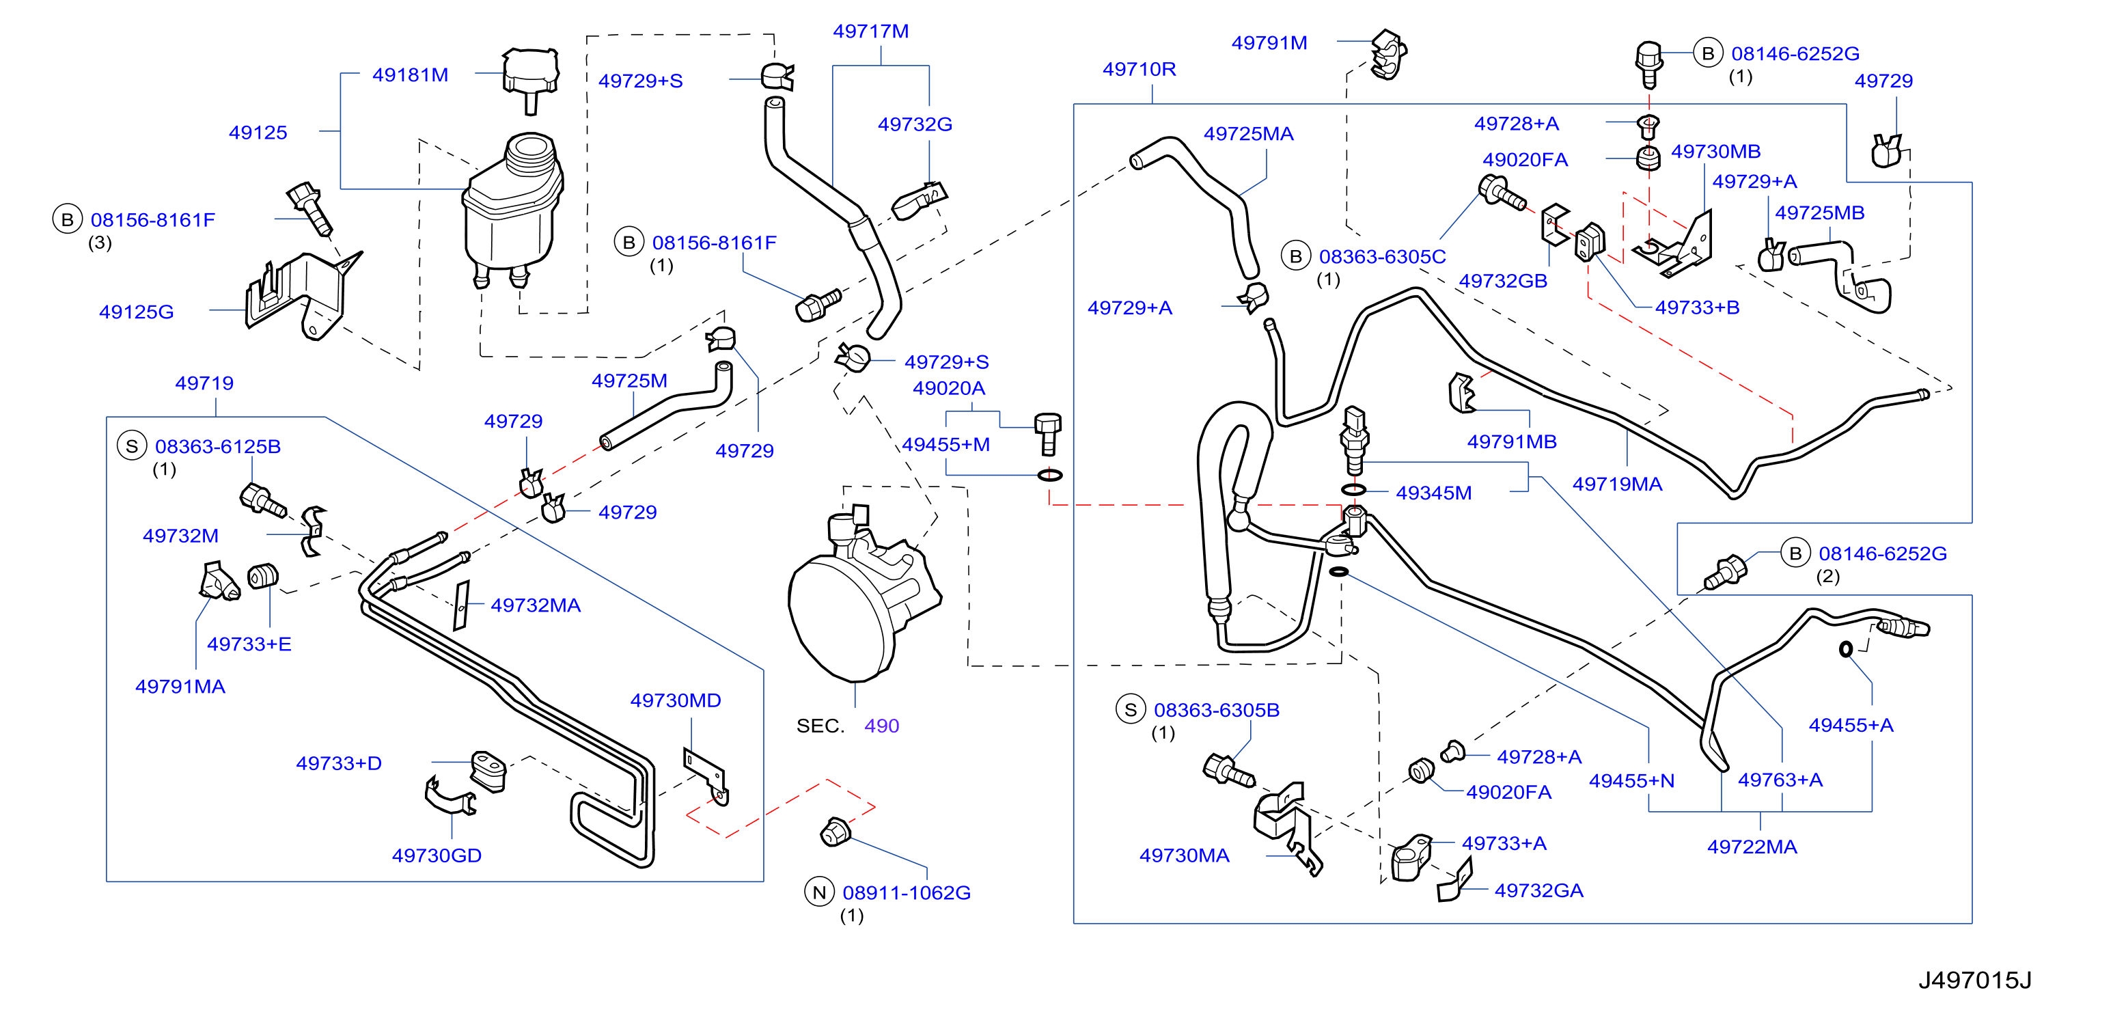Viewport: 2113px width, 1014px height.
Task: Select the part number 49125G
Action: tap(136, 312)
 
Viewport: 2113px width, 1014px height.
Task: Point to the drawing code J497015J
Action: tap(1974, 980)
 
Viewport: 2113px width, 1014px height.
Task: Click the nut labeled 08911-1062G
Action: tap(835, 831)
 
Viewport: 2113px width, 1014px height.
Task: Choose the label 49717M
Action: tap(870, 31)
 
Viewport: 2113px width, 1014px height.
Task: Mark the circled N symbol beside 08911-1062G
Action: tap(818, 892)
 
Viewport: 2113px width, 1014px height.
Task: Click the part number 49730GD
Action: tap(437, 855)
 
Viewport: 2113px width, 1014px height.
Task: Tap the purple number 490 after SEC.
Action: tap(882, 726)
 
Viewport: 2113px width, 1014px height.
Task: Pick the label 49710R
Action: tap(1139, 69)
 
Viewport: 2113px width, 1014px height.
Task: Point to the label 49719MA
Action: tap(1617, 484)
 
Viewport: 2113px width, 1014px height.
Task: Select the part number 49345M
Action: tap(1434, 493)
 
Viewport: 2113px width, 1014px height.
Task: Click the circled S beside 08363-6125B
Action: tap(131, 446)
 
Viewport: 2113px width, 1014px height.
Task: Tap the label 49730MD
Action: tap(675, 700)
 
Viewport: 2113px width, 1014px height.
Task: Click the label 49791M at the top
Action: tap(1269, 42)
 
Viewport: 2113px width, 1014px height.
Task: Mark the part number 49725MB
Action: tap(1819, 213)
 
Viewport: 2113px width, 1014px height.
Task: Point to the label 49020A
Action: tap(948, 388)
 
